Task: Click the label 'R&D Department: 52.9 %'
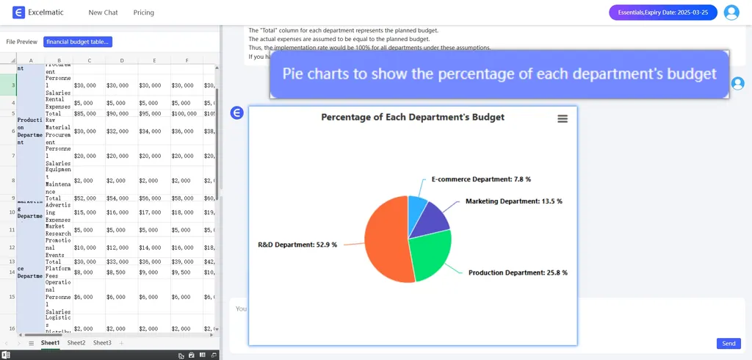[297, 245]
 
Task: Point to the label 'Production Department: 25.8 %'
[518, 273]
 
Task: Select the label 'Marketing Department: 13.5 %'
[513, 201]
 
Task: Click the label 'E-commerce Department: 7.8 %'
[480, 179]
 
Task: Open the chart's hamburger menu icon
[563, 118]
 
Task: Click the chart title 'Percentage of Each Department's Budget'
[413, 117]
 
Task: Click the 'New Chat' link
[103, 12]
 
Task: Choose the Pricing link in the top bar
[144, 12]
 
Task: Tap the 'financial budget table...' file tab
[77, 42]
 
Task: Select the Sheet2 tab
[76, 343]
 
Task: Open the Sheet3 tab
[102, 343]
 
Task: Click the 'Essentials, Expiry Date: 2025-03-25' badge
[662, 12]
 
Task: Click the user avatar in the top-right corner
[731, 12]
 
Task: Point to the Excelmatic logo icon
[19, 12]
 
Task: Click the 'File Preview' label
[21, 42]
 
